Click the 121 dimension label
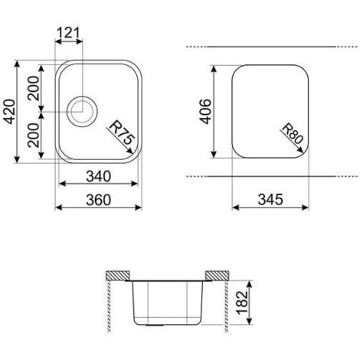tap(68, 33)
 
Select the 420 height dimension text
tap(11, 112)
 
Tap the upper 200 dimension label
tap(34, 88)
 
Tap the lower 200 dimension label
tap(34, 136)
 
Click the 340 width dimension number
tap(99, 176)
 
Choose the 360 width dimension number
tap(99, 200)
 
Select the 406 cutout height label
tap(205, 111)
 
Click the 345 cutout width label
tap(270, 199)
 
